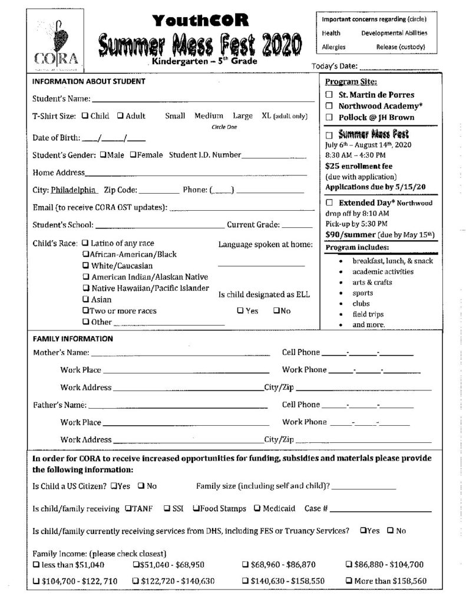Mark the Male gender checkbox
103,155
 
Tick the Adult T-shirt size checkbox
120,116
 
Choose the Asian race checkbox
86,299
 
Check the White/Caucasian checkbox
86,266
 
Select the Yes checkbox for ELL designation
240,310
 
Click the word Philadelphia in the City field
74,190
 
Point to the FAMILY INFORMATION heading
72,339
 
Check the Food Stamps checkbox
196,508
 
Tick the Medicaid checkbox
257,508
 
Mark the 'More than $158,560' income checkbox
349,581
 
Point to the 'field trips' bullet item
368,314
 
